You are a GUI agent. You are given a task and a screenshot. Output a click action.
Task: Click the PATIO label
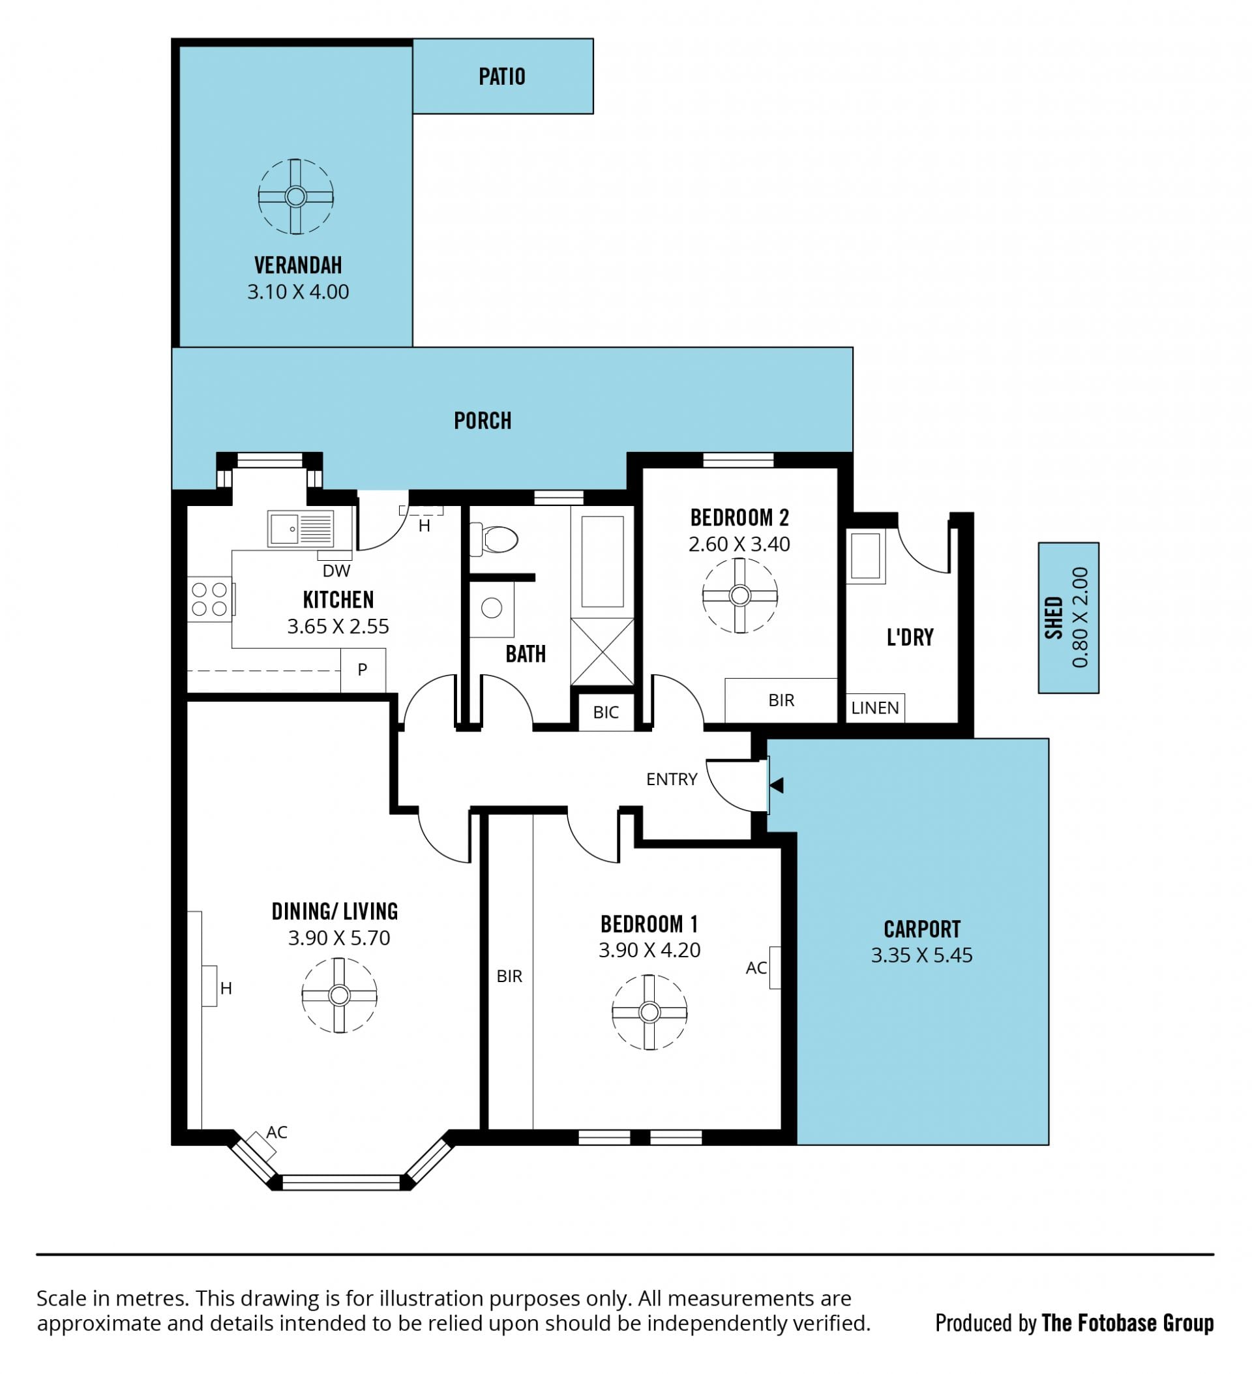coord(501,76)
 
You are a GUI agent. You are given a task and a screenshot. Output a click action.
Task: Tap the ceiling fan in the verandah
coord(296,197)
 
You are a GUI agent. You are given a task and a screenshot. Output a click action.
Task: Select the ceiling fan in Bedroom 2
coord(739,595)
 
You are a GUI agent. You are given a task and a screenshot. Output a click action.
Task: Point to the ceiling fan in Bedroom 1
coord(649,1012)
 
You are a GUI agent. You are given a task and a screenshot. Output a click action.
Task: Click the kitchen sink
coord(301,528)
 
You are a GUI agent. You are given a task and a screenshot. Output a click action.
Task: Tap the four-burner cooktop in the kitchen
coord(210,599)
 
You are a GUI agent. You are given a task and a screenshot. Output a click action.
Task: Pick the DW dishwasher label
coord(336,571)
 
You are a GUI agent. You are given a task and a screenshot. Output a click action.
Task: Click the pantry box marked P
coord(363,670)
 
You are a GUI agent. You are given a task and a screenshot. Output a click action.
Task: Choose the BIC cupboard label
coord(606,712)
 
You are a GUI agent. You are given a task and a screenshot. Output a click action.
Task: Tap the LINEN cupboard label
coord(874,708)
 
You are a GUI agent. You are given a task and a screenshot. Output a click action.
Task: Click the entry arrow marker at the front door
coord(776,785)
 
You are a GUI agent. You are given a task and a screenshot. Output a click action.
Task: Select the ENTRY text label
coord(672,779)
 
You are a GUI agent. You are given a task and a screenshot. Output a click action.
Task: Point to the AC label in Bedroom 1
coord(756,968)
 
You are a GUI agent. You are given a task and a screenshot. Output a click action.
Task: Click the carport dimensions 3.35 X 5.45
coord(921,955)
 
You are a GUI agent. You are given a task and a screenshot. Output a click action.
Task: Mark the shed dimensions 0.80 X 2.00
coord(1080,618)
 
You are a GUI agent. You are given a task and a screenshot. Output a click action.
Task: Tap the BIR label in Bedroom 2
coord(781,700)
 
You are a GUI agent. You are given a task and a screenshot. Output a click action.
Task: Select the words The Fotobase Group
coord(1127,1323)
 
